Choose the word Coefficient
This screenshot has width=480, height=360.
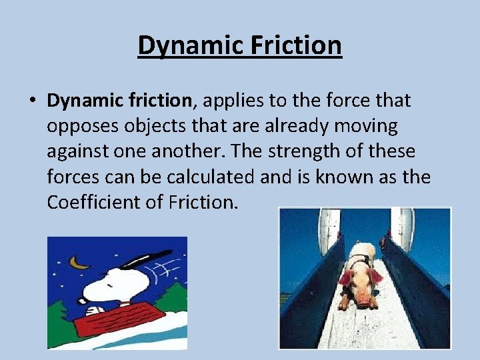tap(94, 202)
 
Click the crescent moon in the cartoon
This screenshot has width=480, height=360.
tap(80, 263)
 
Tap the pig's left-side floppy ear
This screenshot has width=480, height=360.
tap(345, 278)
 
